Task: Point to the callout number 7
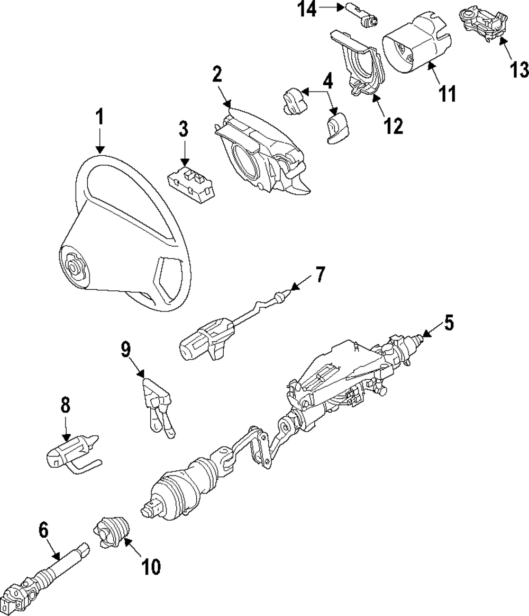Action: click(x=321, y=275)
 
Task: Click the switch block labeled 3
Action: click(x=191, y=183)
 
